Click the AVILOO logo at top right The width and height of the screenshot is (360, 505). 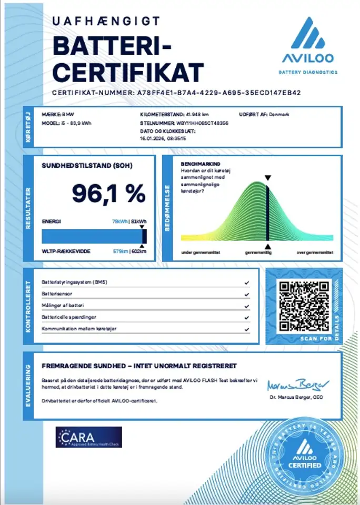308,45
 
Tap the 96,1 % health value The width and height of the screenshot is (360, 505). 109,194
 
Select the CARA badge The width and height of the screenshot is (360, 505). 88,437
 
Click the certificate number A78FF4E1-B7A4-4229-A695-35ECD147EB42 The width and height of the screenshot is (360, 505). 219,93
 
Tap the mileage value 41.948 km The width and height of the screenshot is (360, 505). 197,114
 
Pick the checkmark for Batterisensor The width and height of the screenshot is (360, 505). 247,294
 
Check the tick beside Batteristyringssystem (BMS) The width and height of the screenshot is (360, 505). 247,282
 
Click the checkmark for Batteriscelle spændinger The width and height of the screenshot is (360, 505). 247,318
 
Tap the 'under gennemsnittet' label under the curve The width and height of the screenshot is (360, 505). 201,253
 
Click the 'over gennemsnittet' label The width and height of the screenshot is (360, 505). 314,253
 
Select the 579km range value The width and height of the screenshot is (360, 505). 121,251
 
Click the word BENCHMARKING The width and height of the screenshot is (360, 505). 200,164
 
